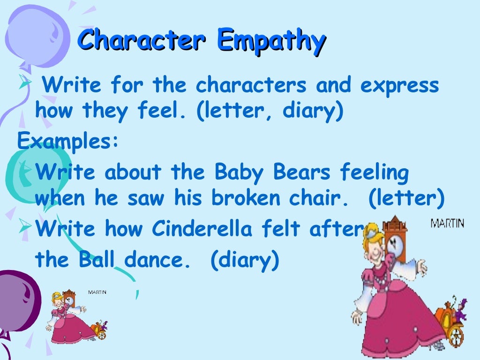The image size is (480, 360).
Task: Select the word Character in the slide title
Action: (141, 40)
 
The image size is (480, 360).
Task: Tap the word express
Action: (400, 86)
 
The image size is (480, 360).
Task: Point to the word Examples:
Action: (68, 140)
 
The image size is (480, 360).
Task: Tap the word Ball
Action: (93, 259)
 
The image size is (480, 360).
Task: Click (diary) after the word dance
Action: (244, 260)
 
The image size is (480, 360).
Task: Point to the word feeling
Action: (375, 173)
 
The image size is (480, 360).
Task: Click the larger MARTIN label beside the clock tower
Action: (447, 223)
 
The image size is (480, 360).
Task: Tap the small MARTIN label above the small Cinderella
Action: (97, 292)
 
